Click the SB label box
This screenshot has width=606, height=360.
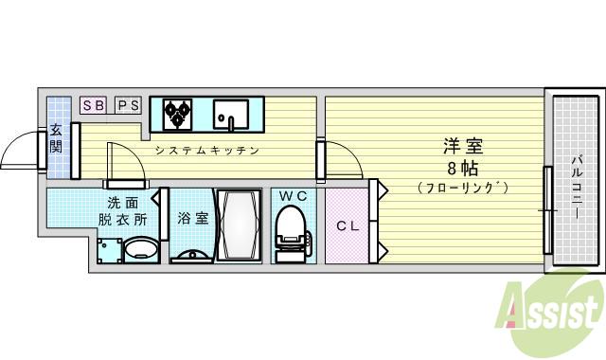pyautogui.click(x=93, y=106)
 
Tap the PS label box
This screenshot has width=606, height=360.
pyautogui.click(x=128, y=106)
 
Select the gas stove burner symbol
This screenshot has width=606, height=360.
pyautogui.click(x=176, y=114)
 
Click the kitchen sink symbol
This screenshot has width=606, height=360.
pyautogui.click(x=230, y=114)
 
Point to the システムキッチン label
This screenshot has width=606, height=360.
pyautogui.click(x=207, y=151)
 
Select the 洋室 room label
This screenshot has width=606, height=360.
pyautogui.click(x=463, y=147)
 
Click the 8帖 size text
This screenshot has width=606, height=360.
pyautogui.click(x=463, y=168)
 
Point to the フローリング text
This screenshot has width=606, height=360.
pyautogui.click(x=463, y=188)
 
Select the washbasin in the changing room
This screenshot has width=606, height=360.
pyautogui.click(x=141, y=249)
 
